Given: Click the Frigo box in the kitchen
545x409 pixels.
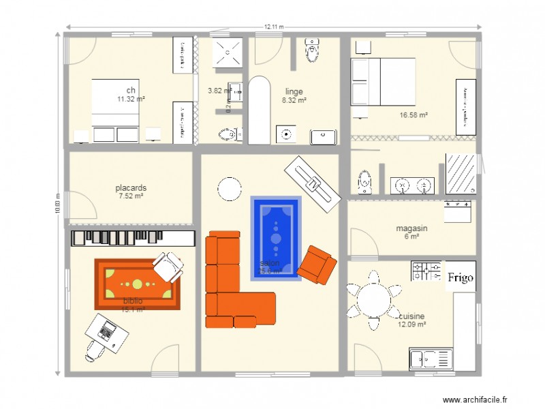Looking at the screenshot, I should (461, 277).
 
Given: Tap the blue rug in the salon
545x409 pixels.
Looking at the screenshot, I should (276, 238).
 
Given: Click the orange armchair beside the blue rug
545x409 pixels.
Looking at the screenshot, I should (317, 264).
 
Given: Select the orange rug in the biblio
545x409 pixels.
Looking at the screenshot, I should (137, 284).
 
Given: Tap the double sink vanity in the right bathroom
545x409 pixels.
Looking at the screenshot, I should (413, 184).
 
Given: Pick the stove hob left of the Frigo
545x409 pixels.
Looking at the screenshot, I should (426, 271).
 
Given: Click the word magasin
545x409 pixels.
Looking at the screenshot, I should (411, 228).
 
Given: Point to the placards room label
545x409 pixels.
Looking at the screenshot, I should (131, 187).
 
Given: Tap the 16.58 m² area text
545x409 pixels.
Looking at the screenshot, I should (414, 115).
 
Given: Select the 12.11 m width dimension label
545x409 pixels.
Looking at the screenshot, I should (274, 27).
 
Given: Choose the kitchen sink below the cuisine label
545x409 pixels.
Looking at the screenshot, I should (431, 359).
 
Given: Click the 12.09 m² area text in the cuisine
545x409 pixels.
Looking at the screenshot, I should (412, 324).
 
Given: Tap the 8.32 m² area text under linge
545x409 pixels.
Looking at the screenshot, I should (294, 100).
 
